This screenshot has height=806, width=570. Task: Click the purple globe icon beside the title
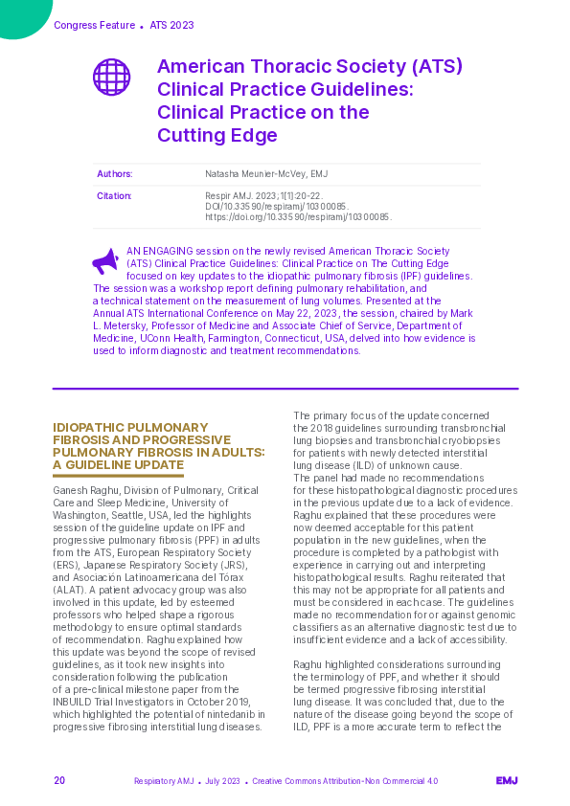[x=111, y=77]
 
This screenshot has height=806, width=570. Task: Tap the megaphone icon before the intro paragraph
[x=105, y=260]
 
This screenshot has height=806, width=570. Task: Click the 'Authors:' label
[x=114, y=174]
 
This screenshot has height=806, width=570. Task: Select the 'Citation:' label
[x=114, y=196]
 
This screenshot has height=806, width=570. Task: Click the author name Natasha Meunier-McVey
[x=266, y=174]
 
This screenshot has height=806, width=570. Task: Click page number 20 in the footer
[x=59, y=781]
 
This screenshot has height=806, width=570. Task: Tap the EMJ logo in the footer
[x=507, y=781]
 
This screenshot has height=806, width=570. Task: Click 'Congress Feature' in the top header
[x=95, y=25]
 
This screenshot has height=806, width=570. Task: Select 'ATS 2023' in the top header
[x=171, y=25]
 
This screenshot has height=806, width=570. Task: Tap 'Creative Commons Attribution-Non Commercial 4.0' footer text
[x=345, y=781]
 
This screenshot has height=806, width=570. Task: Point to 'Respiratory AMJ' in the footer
[x=164, y=781]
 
